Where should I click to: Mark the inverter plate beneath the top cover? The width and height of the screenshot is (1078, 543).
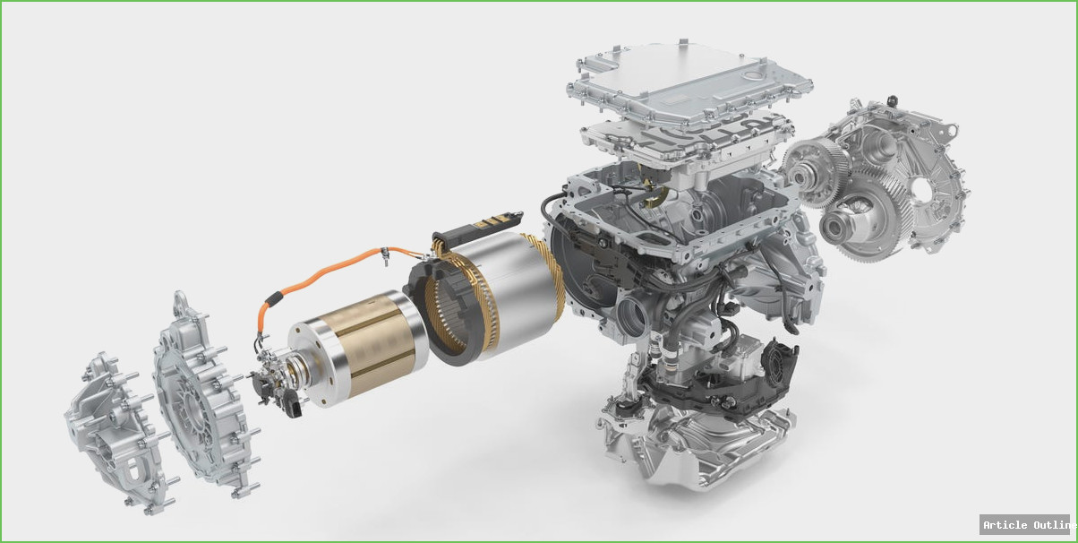(x=689, y=143)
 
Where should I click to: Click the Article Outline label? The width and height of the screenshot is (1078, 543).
(x=1027, y=525)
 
